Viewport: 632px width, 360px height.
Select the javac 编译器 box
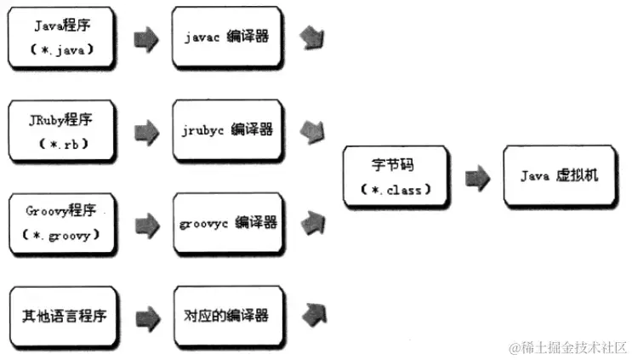225,38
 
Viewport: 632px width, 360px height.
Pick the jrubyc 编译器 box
225,130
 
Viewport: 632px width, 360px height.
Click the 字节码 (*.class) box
395,177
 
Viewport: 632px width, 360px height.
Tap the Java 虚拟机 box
559,176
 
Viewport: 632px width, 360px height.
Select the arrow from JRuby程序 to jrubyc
145,131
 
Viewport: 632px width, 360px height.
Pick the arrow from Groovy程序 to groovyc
145,223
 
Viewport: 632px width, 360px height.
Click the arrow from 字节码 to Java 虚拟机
476,177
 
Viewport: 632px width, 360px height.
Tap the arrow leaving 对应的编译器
312,316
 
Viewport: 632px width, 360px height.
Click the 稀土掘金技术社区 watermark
567,347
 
